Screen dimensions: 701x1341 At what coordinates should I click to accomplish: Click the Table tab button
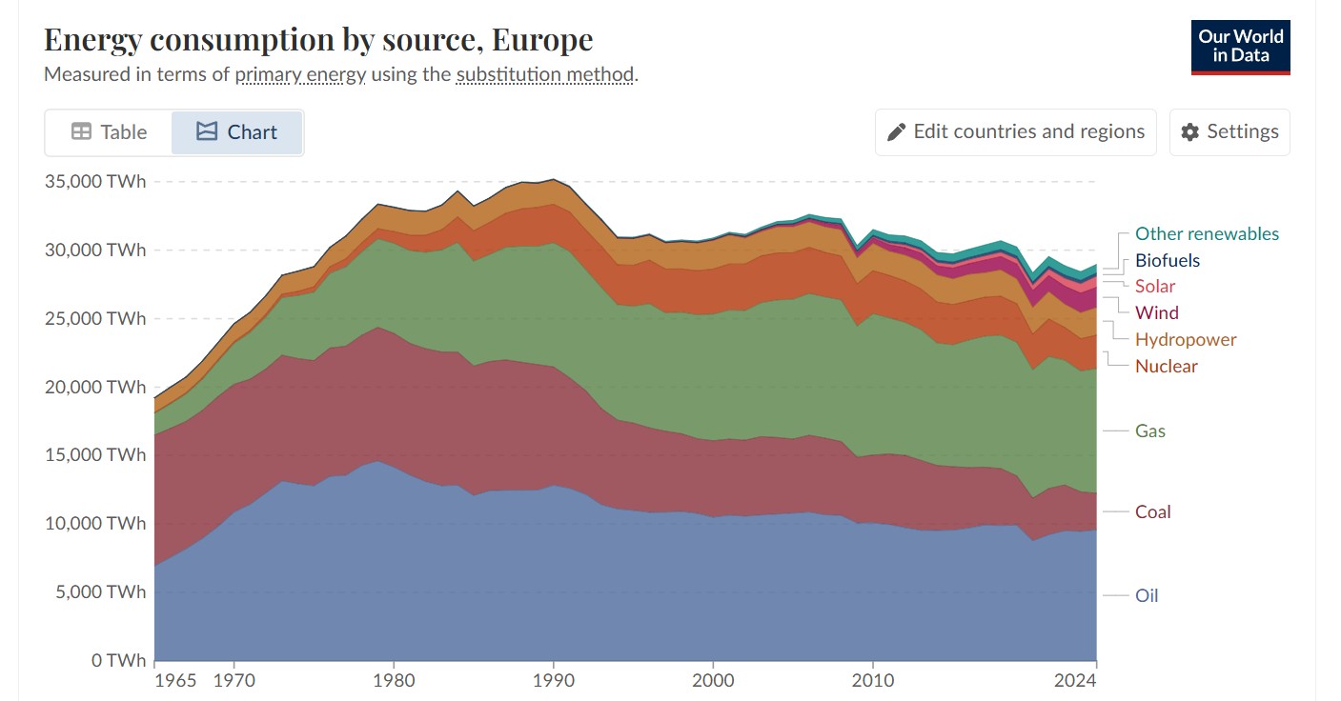(109, 132)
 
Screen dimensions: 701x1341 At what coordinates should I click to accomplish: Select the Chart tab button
(236, 132)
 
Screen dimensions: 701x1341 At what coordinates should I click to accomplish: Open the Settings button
(1229, 132)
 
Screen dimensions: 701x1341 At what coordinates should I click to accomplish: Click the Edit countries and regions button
(1015, 132)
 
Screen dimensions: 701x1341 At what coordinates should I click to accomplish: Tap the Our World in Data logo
(1240, 47)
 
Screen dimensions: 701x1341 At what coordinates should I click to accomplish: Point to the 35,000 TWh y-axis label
(95, 182)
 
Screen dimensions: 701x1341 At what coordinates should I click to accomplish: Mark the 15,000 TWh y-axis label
(95, 455)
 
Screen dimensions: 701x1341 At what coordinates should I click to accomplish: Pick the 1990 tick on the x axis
(554, 681)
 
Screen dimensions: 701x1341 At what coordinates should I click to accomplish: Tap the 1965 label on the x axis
(176, 681)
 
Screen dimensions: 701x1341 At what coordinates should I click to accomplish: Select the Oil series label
(1147, 596)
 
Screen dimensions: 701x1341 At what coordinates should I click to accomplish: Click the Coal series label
(1152, 512)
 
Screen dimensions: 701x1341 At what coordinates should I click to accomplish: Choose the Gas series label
(1149, 431)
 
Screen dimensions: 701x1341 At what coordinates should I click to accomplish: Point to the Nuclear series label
(1166, 367)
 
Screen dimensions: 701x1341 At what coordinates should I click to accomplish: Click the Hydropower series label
(1186, 340)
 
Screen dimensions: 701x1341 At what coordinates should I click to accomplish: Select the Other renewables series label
(1207, 234)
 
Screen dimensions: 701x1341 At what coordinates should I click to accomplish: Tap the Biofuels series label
(1167, 261)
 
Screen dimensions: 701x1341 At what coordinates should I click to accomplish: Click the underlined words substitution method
(544, 74)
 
